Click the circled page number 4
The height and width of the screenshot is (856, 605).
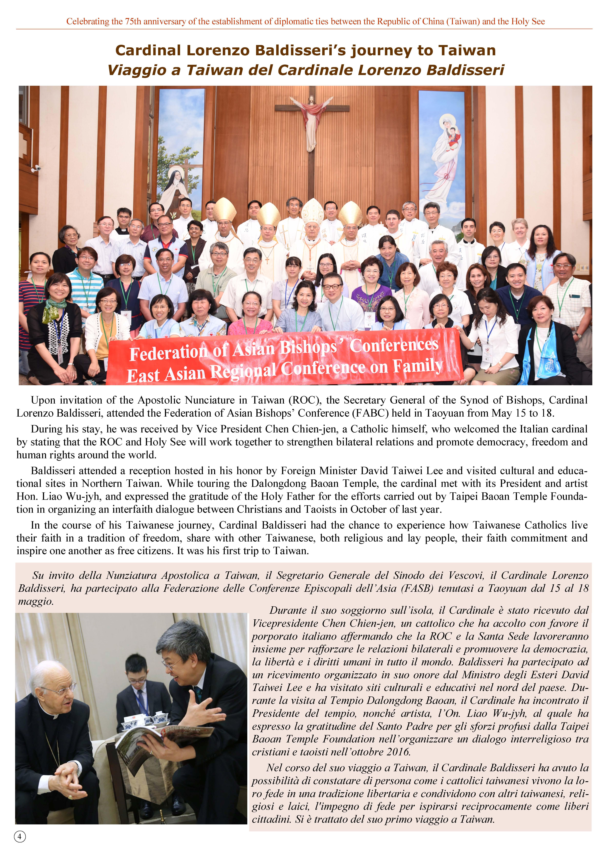(x=20, y=837)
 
